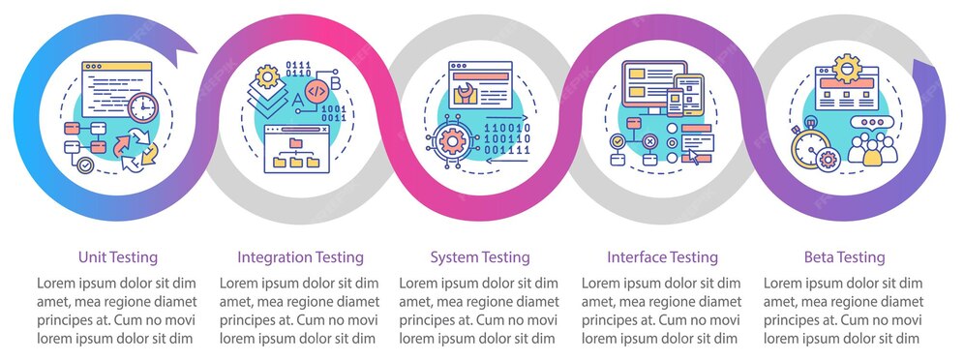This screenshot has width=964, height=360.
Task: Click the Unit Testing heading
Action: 118,257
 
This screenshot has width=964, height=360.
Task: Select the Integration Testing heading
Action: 300,257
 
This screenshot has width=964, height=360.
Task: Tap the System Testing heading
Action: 480,257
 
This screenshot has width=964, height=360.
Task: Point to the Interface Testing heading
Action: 662,257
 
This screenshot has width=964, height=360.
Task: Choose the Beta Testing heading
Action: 844,257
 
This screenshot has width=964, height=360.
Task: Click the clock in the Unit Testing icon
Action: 142,106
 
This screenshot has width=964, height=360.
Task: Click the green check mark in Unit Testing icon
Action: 86,165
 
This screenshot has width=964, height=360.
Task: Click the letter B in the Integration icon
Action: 335,82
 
